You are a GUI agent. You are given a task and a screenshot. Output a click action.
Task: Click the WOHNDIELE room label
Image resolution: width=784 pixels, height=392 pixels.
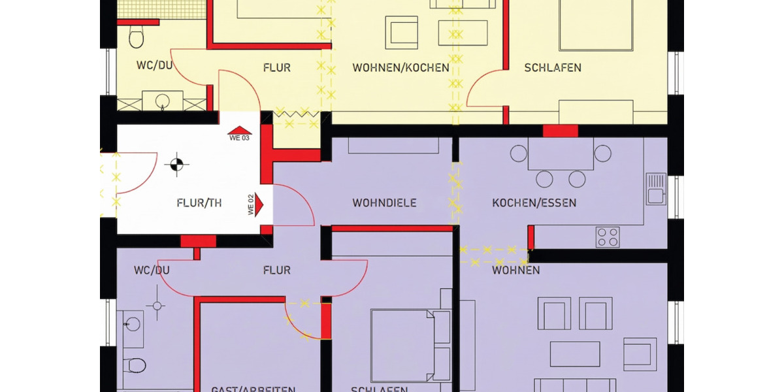click(x=384, y=203)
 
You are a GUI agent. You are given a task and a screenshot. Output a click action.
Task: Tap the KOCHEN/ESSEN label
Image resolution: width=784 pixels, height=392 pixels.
click(x=534, y=203)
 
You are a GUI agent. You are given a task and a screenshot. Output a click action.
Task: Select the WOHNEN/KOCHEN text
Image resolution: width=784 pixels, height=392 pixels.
click(x=400, y=67)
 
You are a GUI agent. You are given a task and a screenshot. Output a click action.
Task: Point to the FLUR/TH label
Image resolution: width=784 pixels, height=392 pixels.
click(x=199, y=203)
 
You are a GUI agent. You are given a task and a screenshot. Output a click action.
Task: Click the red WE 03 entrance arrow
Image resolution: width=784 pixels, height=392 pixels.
click(x=238, y=132)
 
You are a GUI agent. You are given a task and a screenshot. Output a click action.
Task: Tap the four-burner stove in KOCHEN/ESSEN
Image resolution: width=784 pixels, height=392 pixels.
click(x=608, y=237)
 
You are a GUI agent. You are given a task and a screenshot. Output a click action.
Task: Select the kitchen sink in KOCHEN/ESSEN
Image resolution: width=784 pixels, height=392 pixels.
click(x=655, y=188)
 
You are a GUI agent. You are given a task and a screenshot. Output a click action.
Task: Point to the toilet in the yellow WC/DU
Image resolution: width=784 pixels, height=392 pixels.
click(x=136, y=37)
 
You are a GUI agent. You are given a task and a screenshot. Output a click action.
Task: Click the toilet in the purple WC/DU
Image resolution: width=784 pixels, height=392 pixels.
click(x=136, y=364)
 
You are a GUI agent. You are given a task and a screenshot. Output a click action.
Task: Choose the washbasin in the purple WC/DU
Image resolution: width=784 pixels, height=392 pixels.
click(x=133, y=324)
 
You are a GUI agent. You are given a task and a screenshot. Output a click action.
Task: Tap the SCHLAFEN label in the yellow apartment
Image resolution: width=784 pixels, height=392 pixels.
click(x=553, y=67)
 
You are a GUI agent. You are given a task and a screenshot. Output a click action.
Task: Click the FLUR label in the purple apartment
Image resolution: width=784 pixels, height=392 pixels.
click(x=276, y=270)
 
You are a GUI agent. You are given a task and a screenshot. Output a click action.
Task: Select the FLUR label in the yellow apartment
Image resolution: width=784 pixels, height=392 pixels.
click(x=276, y=67)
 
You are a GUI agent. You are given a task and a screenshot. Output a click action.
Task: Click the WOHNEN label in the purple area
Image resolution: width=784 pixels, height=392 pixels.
click(x=516, y=270)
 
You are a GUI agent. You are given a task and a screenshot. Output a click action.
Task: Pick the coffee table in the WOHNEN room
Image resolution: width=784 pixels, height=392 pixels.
click(x=575, y=353)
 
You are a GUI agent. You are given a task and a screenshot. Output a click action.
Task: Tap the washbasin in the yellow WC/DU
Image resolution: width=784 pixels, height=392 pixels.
click(x=162, y=101)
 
